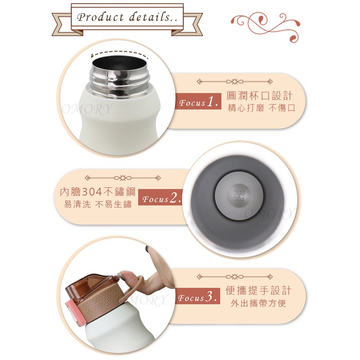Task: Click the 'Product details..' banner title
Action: click(x=128, y=17)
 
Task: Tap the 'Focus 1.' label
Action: click(x=198, y=101)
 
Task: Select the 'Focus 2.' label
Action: click(x=162, y=198)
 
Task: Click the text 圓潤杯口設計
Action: click(x=260, y=96)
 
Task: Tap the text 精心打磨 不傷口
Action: click(x=261, y=108)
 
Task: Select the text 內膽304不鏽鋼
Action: click(x=98, y=192)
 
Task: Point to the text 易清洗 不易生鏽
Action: click(x=98, y=204)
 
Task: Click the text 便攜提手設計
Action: click(x=259, y=290)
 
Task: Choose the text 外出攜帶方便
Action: click(x=259, y=303)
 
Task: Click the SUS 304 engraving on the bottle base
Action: click(x=239, y=196)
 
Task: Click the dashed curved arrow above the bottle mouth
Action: click(x=119, y=52)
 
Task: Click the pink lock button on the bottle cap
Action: click(x=73, y=312)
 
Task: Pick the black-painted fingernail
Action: click(x=148, y=248)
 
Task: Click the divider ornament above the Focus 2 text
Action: click(x=123, y=178)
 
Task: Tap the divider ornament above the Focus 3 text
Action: click(x=235, y=277)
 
